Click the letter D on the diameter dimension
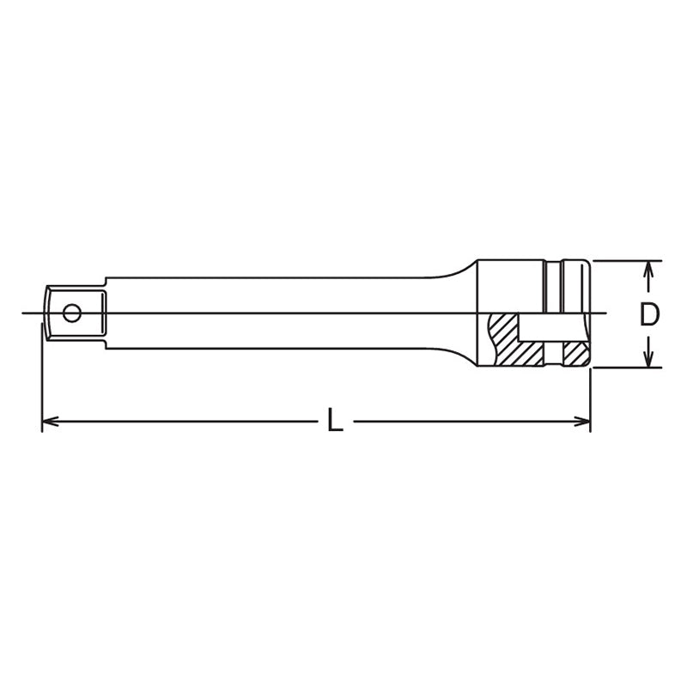coord(650,314)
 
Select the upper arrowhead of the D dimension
coord(650,269)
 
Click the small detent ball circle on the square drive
coord(76,313)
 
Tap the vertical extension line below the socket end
coord(591,395)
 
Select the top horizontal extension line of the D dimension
coord(627,260)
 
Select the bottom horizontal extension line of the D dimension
coord(627,368)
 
